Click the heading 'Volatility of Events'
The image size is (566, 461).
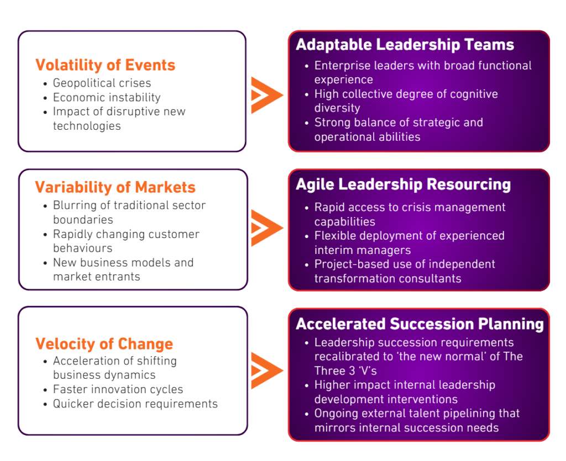(106, 65)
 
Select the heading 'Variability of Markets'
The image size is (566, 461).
(115, 187)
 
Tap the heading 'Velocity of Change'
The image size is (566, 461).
(104, 344)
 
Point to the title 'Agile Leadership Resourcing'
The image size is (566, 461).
(403, 184)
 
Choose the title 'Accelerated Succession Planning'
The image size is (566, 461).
(420, 324)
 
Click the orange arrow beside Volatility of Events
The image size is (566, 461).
(267, 95)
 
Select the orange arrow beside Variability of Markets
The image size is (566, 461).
(267, 228)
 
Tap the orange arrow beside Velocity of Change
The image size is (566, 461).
(267, 370)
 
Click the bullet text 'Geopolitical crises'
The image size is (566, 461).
(102, 83)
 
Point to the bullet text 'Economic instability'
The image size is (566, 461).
(107, 97)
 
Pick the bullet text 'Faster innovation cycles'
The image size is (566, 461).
(118, 389)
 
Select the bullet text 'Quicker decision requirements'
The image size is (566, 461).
(135, 404)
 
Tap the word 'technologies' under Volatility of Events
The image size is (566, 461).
(87, 126)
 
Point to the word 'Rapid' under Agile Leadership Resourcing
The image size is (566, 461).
(328, 207)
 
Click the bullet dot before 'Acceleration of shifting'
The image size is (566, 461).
(45, 362)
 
